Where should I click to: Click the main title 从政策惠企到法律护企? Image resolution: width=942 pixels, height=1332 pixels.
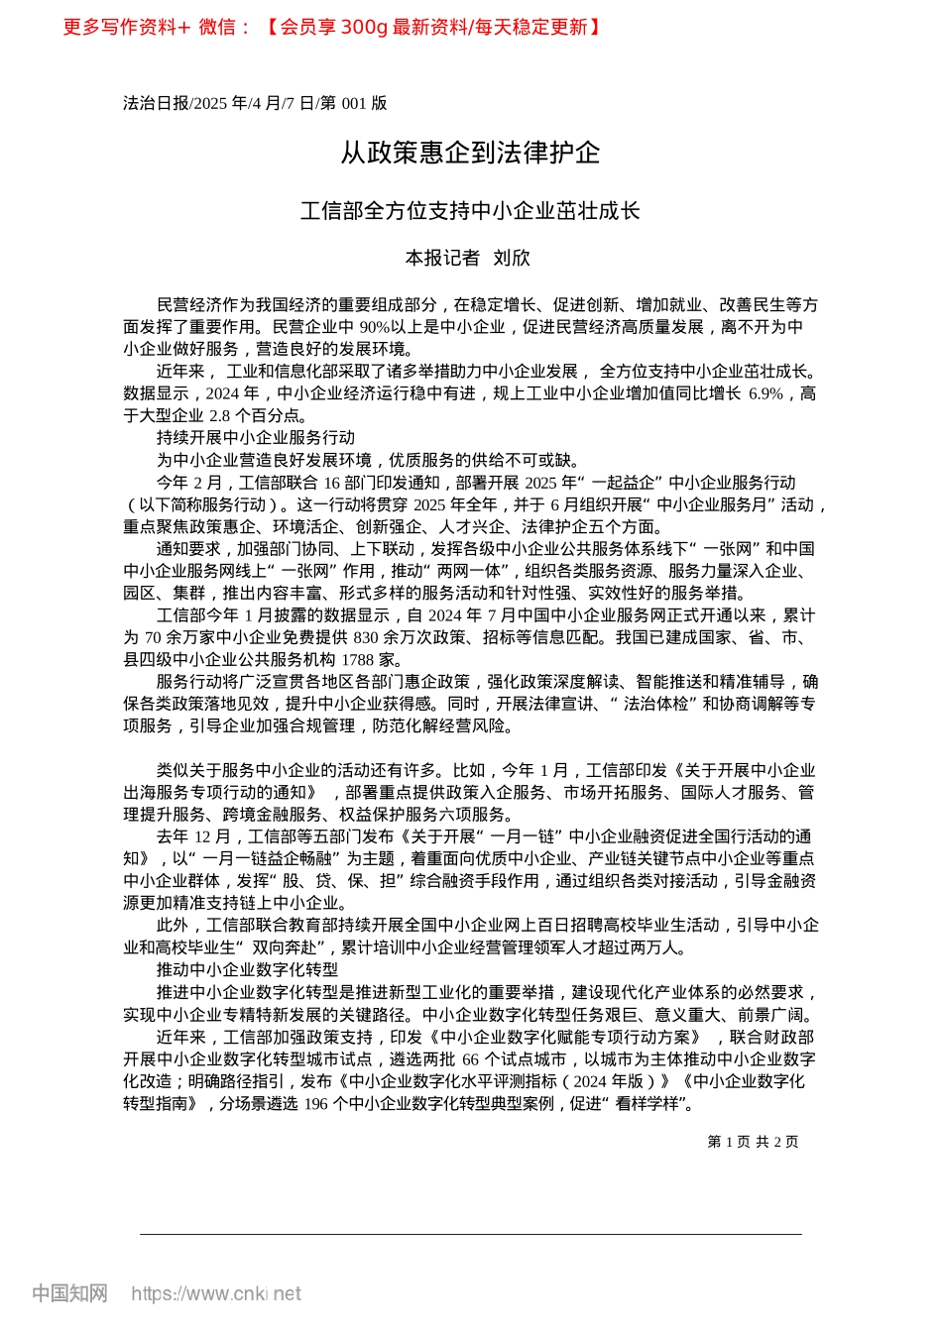(470, 153)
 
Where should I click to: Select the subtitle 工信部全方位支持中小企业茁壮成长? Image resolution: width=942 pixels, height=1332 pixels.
(470, 211)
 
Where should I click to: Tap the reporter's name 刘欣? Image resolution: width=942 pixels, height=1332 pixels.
(512, 258)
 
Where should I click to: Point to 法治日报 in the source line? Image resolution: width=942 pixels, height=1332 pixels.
(155, 103)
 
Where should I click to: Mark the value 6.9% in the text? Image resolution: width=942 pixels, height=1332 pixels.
(765, 393)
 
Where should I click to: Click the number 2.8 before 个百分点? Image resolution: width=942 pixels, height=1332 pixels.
(221, 415)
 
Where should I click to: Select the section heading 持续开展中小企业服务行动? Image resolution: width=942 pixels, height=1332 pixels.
(256, 437)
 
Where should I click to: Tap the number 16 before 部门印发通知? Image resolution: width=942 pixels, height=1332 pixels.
(332, 483)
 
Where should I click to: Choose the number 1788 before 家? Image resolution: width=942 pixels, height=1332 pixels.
(357, 659)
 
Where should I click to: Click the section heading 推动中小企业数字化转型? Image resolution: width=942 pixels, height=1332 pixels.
(247, 969)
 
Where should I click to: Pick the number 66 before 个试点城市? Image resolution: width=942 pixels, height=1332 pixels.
(470, 1059)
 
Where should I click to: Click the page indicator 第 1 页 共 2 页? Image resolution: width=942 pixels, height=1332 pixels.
(753, 1142)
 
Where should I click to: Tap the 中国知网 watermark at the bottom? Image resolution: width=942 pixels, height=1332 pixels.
(69, 1293)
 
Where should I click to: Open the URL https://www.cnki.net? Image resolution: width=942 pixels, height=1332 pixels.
(216, 1293)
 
